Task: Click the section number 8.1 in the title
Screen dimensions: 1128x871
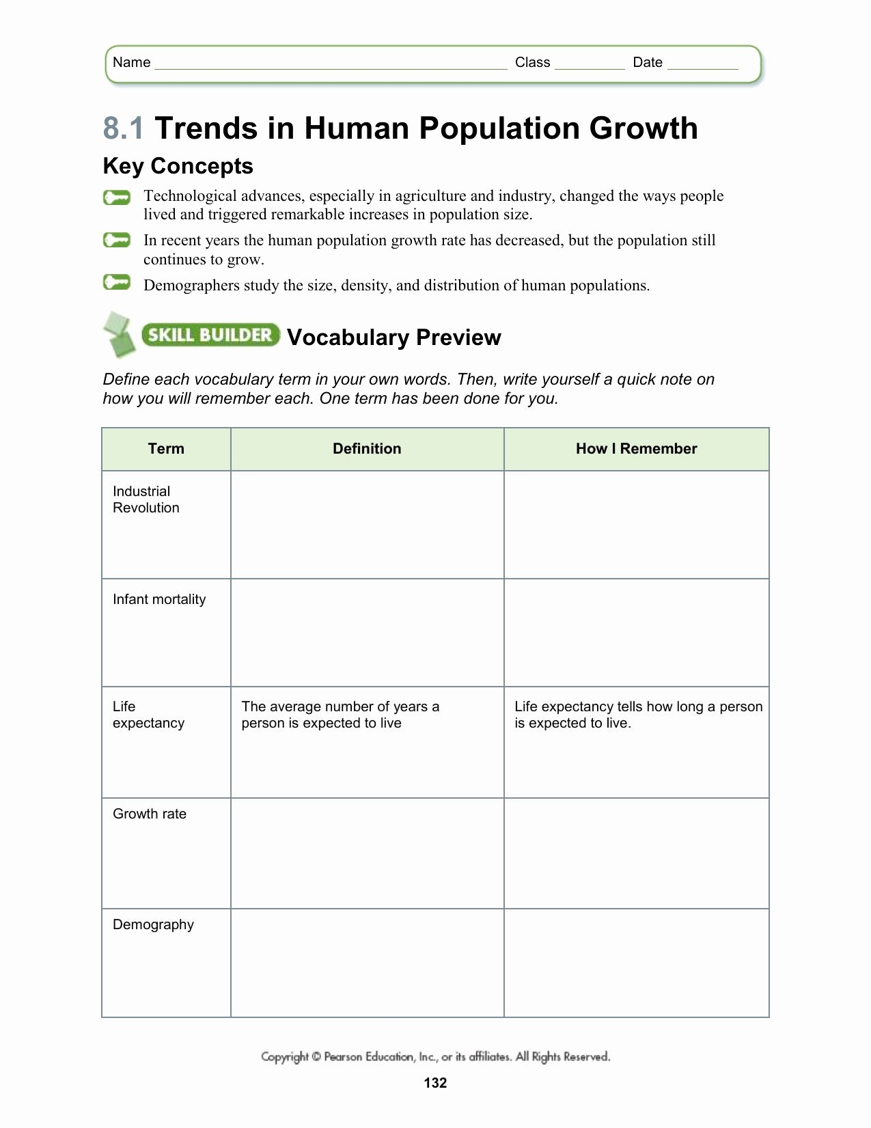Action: click(124, 128)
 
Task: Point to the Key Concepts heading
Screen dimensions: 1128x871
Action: click(178, 166)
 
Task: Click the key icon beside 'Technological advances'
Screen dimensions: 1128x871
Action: click(117, 198)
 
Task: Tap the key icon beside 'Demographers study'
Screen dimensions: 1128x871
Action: click(117, 282)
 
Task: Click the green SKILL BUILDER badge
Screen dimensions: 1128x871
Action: click(210, 335)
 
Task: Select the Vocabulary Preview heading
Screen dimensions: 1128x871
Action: click(394, 338)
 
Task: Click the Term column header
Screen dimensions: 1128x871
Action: click(166, 449)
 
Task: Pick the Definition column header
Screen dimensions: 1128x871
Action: click(367, 449)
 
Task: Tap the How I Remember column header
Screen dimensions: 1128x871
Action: click(636, 449)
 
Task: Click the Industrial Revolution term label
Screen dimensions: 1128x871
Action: click(146, 499)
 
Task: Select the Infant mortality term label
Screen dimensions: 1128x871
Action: click(159, 599)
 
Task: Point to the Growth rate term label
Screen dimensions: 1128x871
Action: click(150, 814)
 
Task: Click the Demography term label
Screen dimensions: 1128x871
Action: click(153, 924)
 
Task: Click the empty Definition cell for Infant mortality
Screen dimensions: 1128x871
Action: click(367, 633)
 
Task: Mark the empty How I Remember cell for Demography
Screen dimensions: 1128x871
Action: click(636, 963)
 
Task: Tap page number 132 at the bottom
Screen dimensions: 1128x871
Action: click(435, 1082)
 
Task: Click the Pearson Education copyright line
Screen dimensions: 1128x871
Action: click(435, 1057)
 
